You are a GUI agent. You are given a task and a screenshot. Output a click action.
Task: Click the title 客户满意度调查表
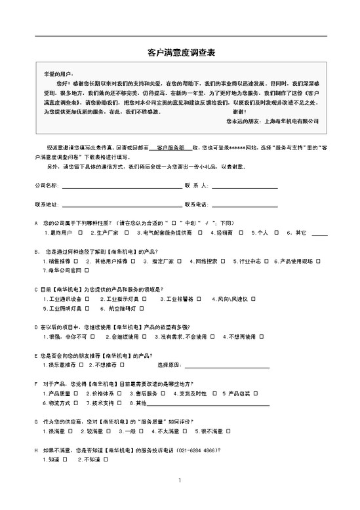tap(179, 51)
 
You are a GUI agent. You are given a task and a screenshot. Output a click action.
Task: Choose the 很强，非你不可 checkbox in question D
tap(94, 337)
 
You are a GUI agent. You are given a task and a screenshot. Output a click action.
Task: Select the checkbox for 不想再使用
tap(261, 337)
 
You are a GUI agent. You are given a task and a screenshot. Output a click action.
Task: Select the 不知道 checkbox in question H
tap(105, 461)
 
